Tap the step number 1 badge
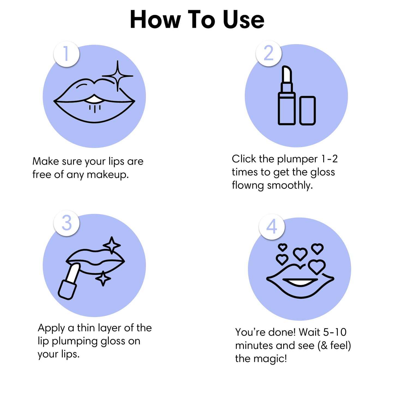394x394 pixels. [67, 54]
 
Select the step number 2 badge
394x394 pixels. [269, 53]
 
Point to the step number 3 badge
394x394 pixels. [67, 223]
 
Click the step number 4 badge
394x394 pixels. [272, 227]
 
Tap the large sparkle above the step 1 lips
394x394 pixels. [118, 76]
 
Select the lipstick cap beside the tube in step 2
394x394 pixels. [307, 110]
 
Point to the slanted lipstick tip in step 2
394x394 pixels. [287, 74]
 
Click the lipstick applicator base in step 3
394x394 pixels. [67, 290]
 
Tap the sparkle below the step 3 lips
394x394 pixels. [103, 278]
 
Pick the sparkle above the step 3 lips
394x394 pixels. [112, 245]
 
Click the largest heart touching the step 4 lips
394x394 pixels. [317, 266]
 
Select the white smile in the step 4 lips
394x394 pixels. [300, 282]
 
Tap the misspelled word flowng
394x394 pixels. [248, 185]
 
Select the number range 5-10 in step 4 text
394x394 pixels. [335, 332]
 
